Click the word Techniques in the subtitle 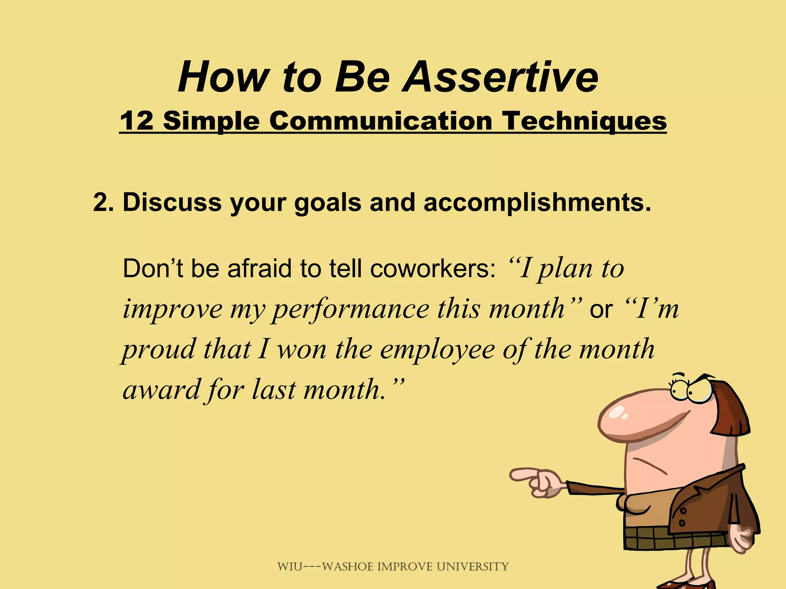[585, 122]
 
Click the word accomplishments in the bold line [537, 202]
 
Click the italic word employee [438, 350]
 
